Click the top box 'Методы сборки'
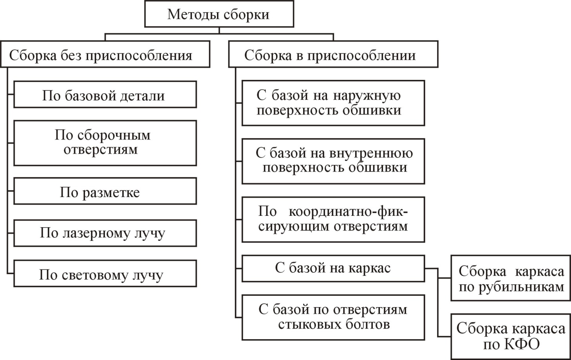click(x=219, y=14)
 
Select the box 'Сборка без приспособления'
click(x=105, y=55)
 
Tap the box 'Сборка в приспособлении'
click(x=333, y=55)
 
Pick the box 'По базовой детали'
click(x=105, y=95)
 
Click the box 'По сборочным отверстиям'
click(x=105, y=143)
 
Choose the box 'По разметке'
click(x=105, y=192)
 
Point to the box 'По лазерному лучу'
click(x=105, y=233)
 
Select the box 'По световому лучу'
click(x=105, y=274)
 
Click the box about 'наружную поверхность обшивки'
click(x=333, y=103)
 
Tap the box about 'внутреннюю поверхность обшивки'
click(x=333, y=161)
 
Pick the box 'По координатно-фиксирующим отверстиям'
click(x=333, y=219)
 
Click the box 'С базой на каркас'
click(x=333, y=268)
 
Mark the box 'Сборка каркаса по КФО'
click(x=511, y=336)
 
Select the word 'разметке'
click(x=111, y=192)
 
